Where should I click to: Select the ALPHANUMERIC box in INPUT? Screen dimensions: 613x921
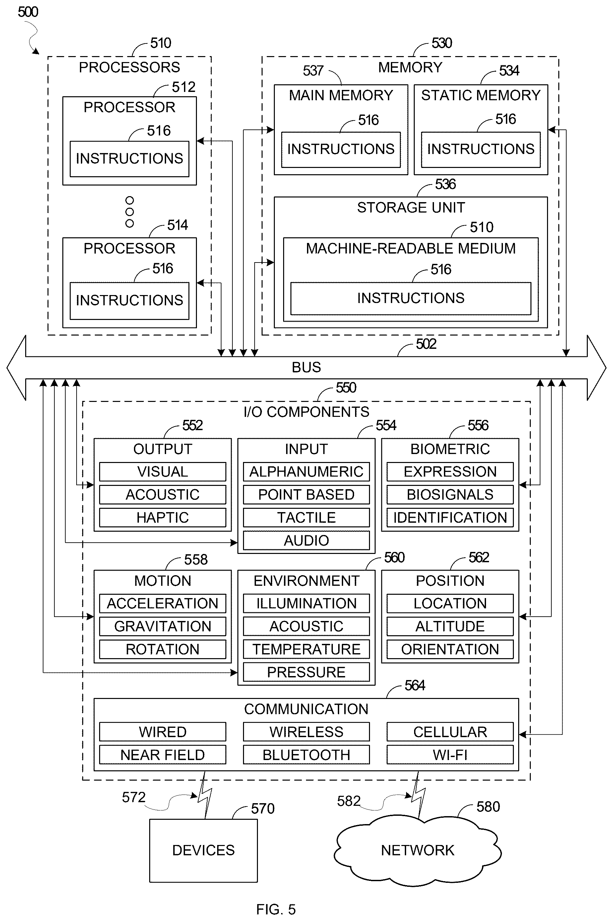coord(306,472)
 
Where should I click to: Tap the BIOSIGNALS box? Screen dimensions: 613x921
coord(450,495)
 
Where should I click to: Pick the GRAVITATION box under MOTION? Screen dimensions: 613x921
coord(163,626)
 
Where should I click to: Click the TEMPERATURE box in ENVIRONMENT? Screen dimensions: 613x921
coord(306,649)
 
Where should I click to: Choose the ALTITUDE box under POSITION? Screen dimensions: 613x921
coord(450,626)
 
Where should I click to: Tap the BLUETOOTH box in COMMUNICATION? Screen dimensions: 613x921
coord(306,755)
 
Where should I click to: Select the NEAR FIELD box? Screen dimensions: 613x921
coord(163,755)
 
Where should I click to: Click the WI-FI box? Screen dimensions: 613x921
coord(450,755)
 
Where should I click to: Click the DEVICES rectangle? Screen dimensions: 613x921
coord(203,851)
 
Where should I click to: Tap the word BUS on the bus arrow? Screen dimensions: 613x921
coord(306,367)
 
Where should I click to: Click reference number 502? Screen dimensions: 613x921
coord(426,344)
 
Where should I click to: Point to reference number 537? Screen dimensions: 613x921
coord(313,70)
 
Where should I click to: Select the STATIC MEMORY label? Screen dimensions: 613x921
coord(481,95)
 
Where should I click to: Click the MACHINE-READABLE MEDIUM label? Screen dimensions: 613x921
coord(411,249)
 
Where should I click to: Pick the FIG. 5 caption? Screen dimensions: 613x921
coord(276,909)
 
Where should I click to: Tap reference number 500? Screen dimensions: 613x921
coord(28,12)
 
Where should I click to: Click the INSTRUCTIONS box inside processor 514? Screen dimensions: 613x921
coord(129,300)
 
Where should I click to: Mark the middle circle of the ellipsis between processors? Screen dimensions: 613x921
coord(129,212)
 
